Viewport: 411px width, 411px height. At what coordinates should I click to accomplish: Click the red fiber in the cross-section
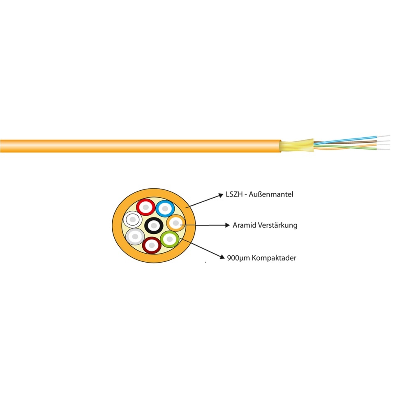click(x=146, y=207)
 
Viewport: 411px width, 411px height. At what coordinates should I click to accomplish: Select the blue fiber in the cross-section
click(x=165, y=208)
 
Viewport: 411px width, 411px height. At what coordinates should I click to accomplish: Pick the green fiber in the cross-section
click(x=170, y=238)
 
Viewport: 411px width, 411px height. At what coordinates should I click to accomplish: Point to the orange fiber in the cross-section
click(x=175, y=223)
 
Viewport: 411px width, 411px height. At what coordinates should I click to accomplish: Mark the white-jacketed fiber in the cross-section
click(x=133, y=220)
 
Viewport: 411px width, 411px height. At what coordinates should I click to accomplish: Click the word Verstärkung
click(x=277, y=225)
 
